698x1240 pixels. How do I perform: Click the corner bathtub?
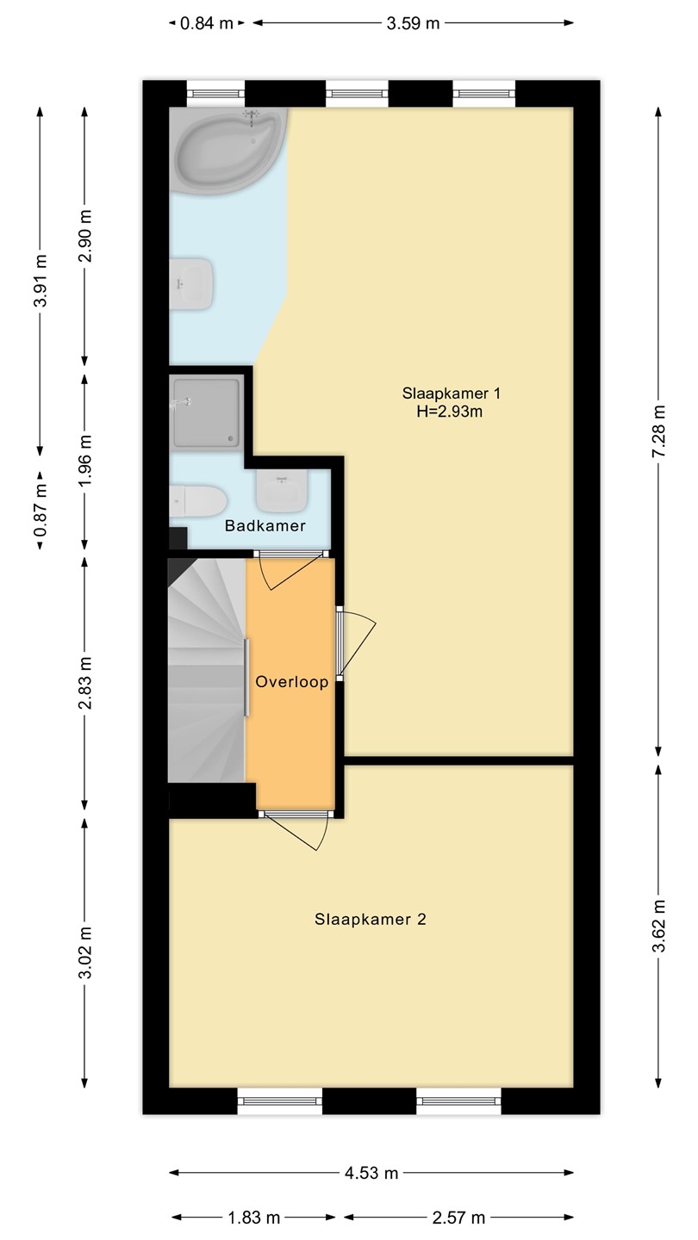click(x=227, y=150)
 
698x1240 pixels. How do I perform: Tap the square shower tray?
click(x=207, y=411)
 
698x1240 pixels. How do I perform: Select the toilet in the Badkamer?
click(x=198, y=501)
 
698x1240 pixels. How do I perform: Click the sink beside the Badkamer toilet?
click(x=282, y=490)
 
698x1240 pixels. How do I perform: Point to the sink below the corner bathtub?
click(x=191, y=283)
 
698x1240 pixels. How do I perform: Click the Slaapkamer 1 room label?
click(x=451, y=394)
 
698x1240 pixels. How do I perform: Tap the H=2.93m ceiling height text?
click(x=449, y=412)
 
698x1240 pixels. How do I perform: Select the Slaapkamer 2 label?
click(x=371, y=920)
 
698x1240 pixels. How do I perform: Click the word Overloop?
click(x=292, y=681)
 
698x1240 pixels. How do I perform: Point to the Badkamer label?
click(x=265, y=525)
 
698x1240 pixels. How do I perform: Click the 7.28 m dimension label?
click(x=658, y=431)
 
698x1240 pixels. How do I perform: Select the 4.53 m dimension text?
click(x=371, y=1173)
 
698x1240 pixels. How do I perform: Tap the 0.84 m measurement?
click(x=207, y=23)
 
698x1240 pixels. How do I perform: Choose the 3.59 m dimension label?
click(x=414, y=23)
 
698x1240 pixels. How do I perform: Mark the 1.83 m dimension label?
click(x=254, y=1218)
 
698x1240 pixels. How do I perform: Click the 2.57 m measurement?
click(x=458, y=1218)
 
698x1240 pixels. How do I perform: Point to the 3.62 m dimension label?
click(x=658, y=927)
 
